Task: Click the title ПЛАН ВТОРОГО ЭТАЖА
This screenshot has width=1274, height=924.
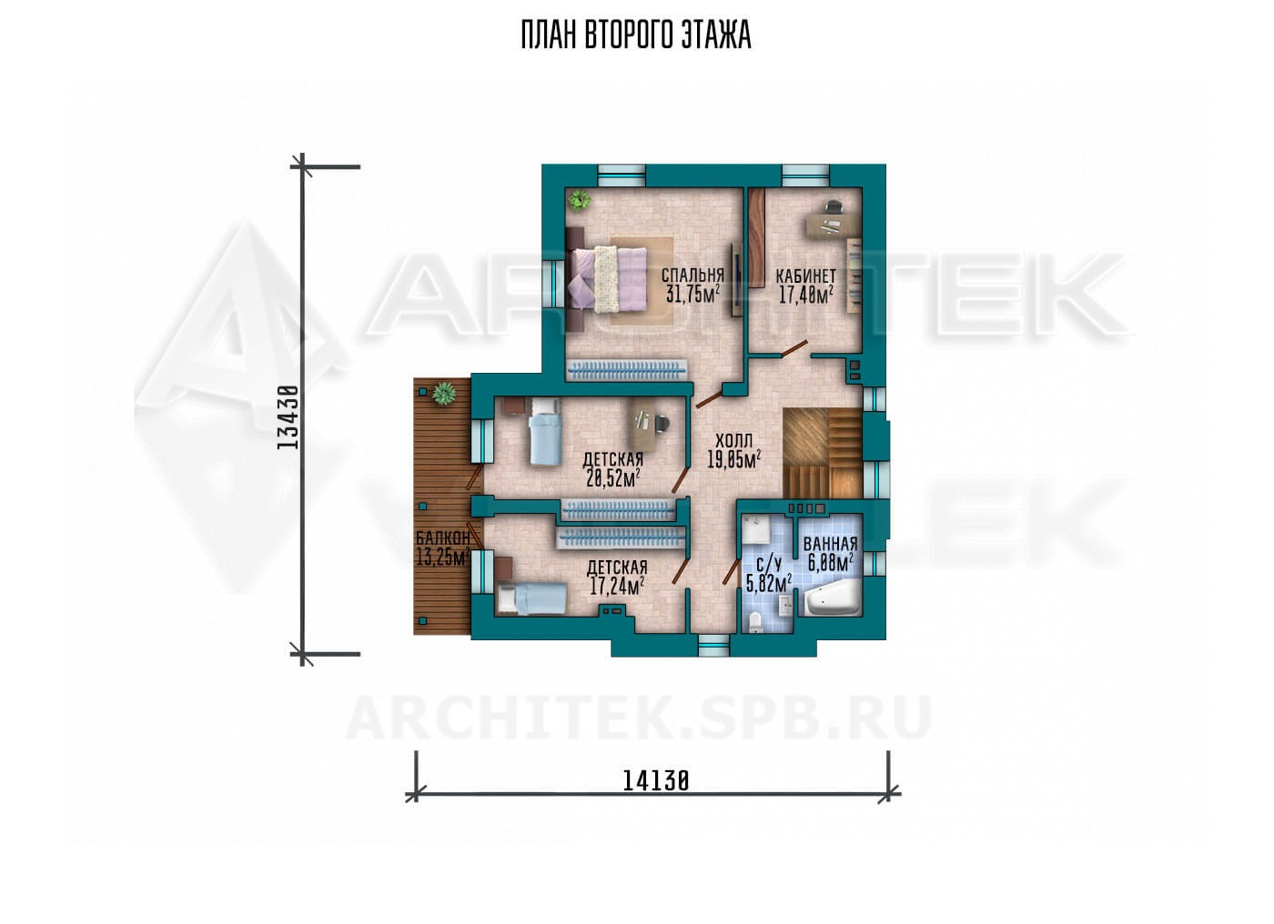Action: [636, 35]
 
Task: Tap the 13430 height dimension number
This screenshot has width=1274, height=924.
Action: [288, 417]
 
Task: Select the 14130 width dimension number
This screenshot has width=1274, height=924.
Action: [656, 781]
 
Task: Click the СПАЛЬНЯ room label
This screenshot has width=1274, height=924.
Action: [693, 275]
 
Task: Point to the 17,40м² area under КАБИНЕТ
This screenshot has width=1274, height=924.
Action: [805, 295]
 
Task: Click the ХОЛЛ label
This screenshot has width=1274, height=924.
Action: [733, 440]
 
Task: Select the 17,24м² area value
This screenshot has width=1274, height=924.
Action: [617, 586]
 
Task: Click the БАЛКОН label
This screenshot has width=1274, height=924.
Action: [443, 537]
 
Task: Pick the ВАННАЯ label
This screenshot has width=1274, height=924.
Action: [830, 543]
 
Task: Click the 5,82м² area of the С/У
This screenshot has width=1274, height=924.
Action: [768, 582]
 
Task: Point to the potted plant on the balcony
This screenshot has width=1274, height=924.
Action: [443, 393]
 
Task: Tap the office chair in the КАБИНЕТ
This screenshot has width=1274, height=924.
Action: [833, 206]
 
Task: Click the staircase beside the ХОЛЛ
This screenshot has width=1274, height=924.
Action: [823, 453]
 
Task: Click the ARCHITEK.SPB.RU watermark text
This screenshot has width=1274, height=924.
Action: [638, 718]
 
